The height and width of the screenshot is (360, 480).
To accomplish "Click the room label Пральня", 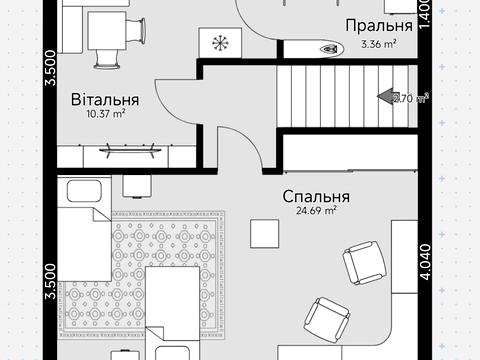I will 378,25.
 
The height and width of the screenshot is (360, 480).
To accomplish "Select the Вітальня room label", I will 104,100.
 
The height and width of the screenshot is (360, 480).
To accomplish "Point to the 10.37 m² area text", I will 104,114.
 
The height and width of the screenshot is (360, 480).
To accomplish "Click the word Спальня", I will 315,197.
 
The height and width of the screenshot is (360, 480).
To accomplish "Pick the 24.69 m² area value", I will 315,211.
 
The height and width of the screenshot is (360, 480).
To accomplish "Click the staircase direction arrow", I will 385,97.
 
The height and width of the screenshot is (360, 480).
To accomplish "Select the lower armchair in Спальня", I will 326,319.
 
